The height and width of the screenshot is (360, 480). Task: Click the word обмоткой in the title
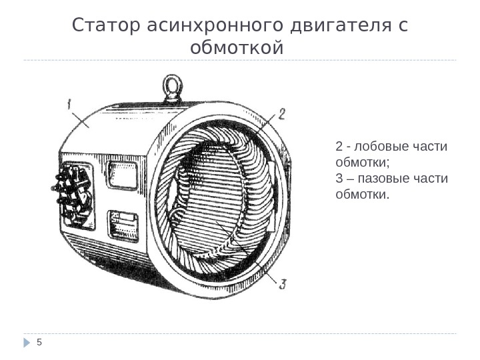(x=237, y=49)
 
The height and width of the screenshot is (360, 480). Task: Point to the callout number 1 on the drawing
(x=70, y=103)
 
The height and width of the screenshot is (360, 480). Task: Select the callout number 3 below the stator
(x=283, y=285)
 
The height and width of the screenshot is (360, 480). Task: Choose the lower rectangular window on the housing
(x=123, y=225)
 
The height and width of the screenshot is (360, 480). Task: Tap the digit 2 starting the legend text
(x=339, y=147)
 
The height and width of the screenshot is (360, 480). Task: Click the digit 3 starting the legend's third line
(x=339, y=179)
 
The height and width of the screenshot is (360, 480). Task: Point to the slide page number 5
(x=39, y=343)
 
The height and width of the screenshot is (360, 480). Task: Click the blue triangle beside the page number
(x=27, y=343)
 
